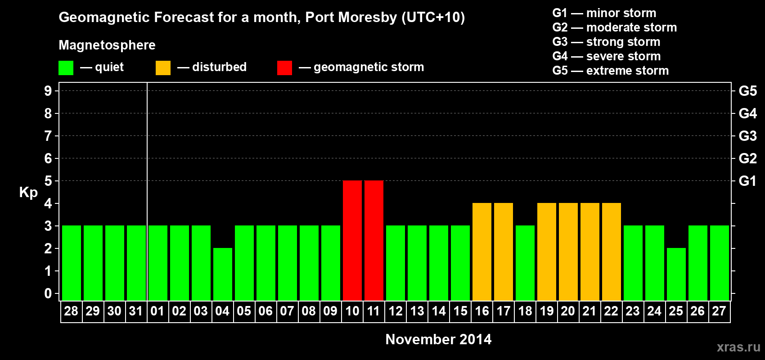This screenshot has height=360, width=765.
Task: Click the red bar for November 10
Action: (352, 240)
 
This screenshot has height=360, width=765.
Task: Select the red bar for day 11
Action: (374, 240)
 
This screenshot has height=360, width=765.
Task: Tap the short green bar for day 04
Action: (223, 274)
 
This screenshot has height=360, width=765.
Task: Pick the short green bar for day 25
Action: (676, 274)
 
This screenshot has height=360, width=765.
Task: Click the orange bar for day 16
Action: (482, 252)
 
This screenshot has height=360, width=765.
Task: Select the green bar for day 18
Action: (525, 263)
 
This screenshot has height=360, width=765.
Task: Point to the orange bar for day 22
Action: (612, 252)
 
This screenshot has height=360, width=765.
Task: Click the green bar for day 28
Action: (72, 263)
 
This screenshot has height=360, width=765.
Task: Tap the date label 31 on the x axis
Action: (136, 311)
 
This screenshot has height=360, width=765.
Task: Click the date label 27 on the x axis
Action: (719, 311)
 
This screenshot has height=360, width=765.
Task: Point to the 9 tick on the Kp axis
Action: (48, 91)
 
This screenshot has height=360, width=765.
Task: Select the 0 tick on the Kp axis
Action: (48, 294)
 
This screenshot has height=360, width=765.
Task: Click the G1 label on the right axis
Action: (747, 181)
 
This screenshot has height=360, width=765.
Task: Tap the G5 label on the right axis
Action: (747, 91)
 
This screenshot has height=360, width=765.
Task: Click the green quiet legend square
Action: (66, 68)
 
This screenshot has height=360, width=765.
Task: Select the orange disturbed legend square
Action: (163, 68)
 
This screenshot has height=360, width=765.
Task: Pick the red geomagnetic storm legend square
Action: (285, 68)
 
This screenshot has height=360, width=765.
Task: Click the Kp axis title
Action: (28, 193)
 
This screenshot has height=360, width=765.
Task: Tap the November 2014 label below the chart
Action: (438, 339)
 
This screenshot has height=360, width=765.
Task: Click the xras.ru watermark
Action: (738, 347)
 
